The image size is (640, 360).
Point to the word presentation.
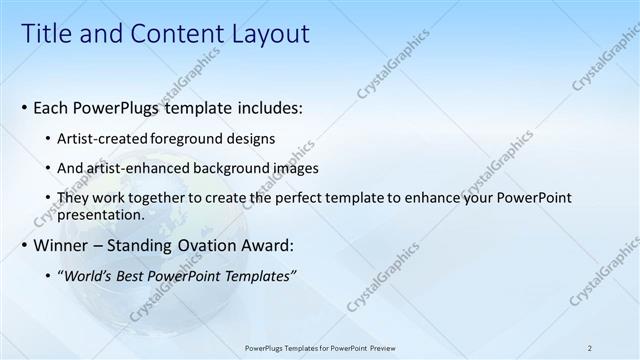(101, 214)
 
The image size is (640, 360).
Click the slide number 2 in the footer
(590, 347)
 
